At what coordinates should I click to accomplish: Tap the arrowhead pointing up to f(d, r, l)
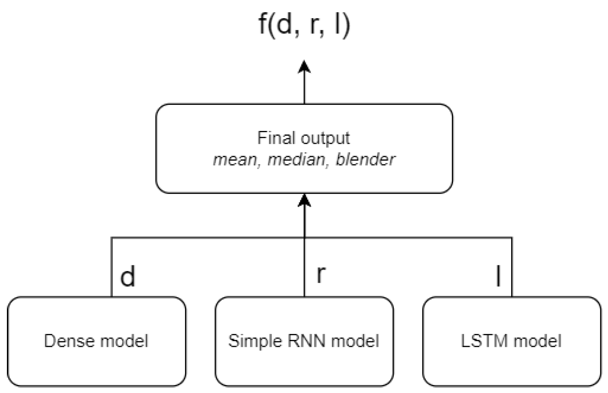coord(304,68)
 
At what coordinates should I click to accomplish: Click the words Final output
coord(303,138)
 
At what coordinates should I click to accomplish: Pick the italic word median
coord(296,160)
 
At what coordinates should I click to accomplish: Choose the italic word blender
coord(365,160)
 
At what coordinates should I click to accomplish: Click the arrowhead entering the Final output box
coord(304,200)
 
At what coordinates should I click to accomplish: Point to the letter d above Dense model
coord(128,276)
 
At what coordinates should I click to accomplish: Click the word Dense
coord(69,341)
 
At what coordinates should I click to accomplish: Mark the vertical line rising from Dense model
coord(111,267)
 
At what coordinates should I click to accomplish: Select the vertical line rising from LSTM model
coord(512,267)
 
